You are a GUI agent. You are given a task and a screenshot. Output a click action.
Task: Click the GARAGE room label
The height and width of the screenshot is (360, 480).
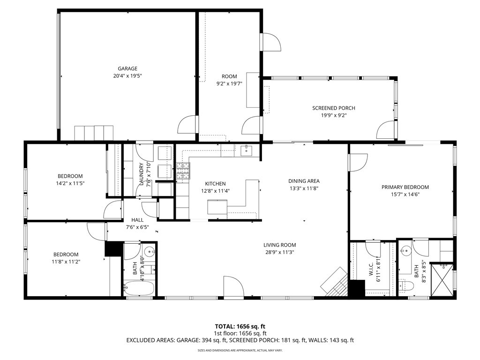click(127, 68)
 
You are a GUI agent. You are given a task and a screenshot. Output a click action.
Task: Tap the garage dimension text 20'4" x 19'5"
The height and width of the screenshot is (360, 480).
click(127, 75)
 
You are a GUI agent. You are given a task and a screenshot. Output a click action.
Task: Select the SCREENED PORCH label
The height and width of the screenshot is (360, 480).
click(334, 108)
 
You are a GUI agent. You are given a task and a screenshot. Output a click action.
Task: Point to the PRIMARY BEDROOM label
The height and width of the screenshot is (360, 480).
click(405, 187)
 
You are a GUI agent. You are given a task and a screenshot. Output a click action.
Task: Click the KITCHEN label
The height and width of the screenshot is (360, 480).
click(215, 184)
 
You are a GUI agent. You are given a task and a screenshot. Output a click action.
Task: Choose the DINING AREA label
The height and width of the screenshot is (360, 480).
click(304, 181)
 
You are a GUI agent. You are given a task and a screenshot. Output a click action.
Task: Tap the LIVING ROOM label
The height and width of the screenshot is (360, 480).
click(279, 245)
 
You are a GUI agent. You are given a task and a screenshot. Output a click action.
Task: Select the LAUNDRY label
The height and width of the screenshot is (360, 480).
click(141, 174)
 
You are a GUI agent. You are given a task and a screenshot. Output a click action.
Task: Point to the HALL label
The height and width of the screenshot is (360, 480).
click(137, 219)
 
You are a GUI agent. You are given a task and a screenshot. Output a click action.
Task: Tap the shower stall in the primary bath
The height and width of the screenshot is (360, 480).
click(442, 280)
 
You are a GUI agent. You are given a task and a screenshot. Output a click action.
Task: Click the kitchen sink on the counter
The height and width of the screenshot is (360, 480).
click(247, 150)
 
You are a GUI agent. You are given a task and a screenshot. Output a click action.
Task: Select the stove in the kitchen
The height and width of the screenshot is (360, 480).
click(182, 171)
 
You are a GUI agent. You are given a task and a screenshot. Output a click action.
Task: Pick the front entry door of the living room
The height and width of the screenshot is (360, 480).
click(233, 287)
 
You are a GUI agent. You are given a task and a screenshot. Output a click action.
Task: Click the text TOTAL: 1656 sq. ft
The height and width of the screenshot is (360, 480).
click(240, 326)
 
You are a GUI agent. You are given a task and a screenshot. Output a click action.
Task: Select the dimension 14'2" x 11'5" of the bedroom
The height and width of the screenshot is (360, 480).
click(70, 183)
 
